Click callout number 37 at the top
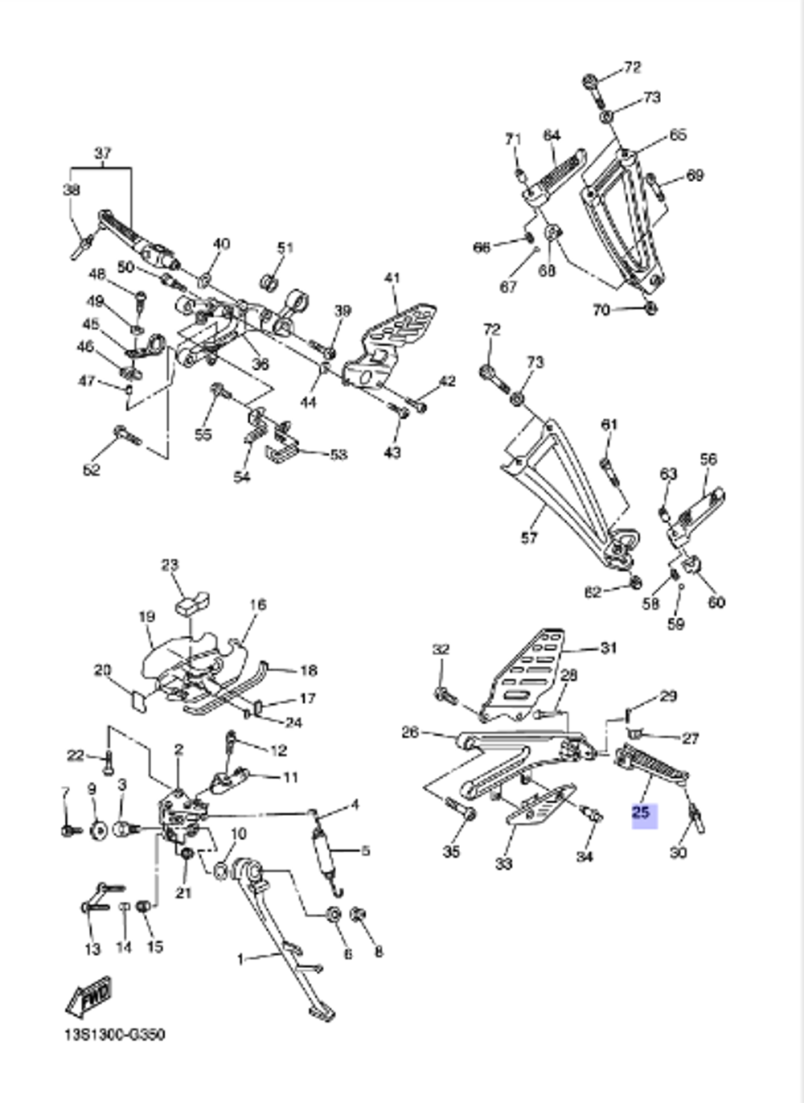click(103, 153)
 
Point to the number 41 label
click(392, 278)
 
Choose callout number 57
click(529, 537)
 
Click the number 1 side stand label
click(240, 959)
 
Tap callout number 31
click(609, 648)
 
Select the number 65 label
click(678, 134)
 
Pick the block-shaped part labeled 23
click(191, 603)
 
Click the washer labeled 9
click(99, 829)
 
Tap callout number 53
click(338, 455)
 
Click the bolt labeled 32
click(445, 694)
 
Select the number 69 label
click(695, 175)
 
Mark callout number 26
click(410, 732)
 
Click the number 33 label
click(503, 864)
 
